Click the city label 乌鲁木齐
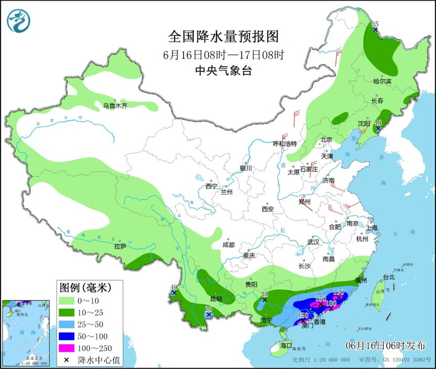pos(115,106)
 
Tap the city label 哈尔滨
pos(382,82)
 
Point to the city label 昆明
pos(216,299)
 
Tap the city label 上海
pos(371,228)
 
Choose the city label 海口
pos(285,345)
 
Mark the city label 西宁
pos(211,186)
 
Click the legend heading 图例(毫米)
pos(85,287)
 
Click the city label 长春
pos(377,101)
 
